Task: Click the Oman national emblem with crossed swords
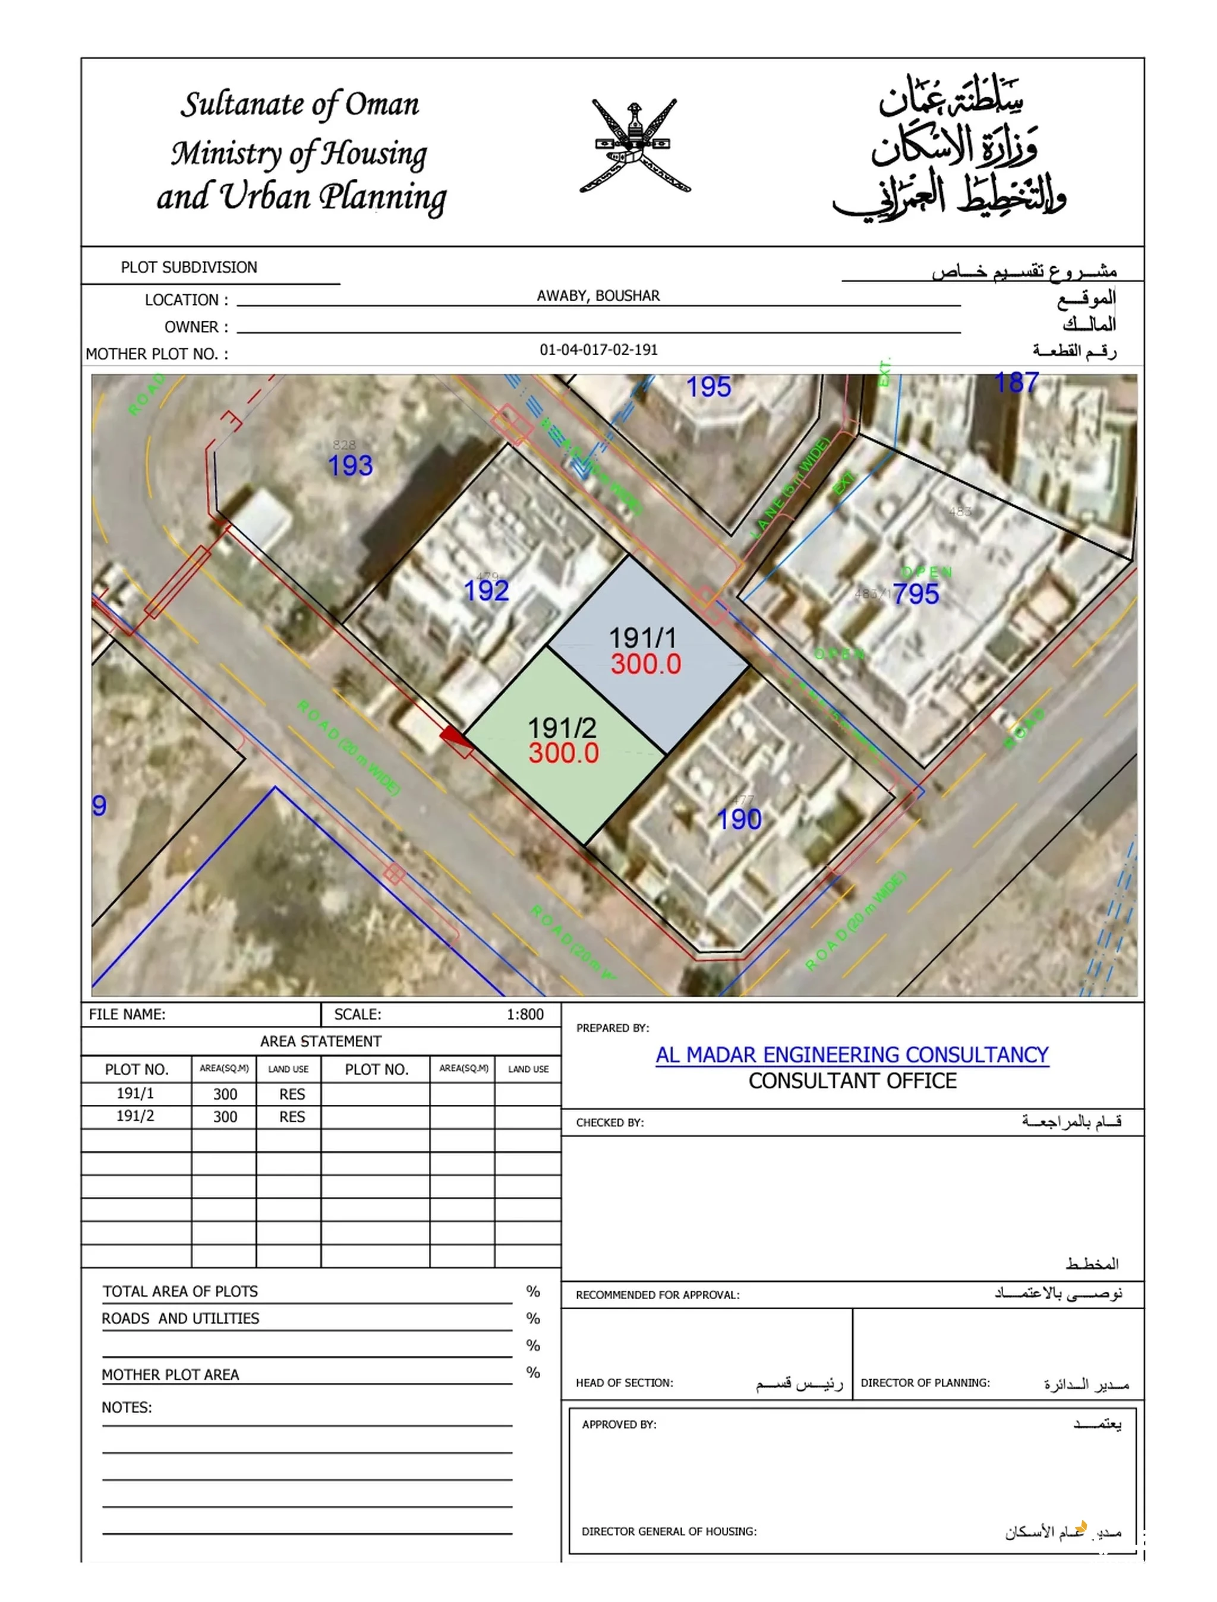635,146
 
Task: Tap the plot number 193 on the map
351,466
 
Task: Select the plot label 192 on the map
486,591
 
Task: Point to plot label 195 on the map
708,387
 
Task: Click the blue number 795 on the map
916,595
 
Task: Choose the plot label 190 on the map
739,820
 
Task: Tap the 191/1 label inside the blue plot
642,638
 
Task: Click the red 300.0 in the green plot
563,753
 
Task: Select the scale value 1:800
525,1015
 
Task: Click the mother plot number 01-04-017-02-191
598,350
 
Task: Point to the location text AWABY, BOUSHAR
598,295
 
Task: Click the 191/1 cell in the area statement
135,1094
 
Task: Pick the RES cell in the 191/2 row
292,1117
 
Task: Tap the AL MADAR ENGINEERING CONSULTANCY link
852,1055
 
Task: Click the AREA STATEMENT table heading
320,1041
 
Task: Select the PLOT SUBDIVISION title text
189,267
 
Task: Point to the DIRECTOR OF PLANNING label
925,1383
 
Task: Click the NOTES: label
127,1407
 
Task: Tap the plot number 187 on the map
1016,383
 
